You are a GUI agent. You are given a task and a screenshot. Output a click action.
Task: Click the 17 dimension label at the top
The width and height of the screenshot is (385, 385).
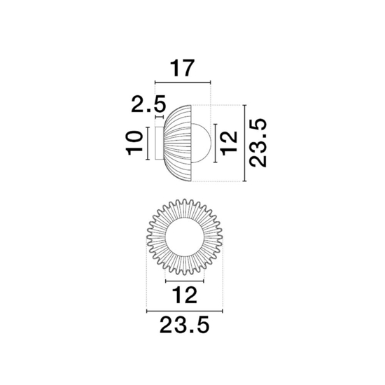182,68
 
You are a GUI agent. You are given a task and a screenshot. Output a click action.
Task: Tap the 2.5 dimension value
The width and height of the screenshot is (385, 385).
149,104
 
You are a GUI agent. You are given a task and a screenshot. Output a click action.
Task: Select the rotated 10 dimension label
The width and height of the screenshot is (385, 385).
134,143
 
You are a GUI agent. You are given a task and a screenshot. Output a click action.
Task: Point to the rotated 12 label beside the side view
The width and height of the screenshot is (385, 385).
230,143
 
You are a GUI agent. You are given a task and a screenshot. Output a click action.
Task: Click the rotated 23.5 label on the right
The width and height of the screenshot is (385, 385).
258,143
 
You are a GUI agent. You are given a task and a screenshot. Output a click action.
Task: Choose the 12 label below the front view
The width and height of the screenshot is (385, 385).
185,295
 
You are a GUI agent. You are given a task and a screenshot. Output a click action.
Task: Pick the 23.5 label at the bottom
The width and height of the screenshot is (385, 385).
184,325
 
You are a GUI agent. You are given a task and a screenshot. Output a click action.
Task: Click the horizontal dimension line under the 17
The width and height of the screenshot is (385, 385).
183,82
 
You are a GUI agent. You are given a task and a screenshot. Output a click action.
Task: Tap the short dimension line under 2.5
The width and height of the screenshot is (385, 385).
160,117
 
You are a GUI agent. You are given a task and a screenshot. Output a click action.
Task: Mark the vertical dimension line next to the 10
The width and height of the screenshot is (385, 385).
148,143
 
